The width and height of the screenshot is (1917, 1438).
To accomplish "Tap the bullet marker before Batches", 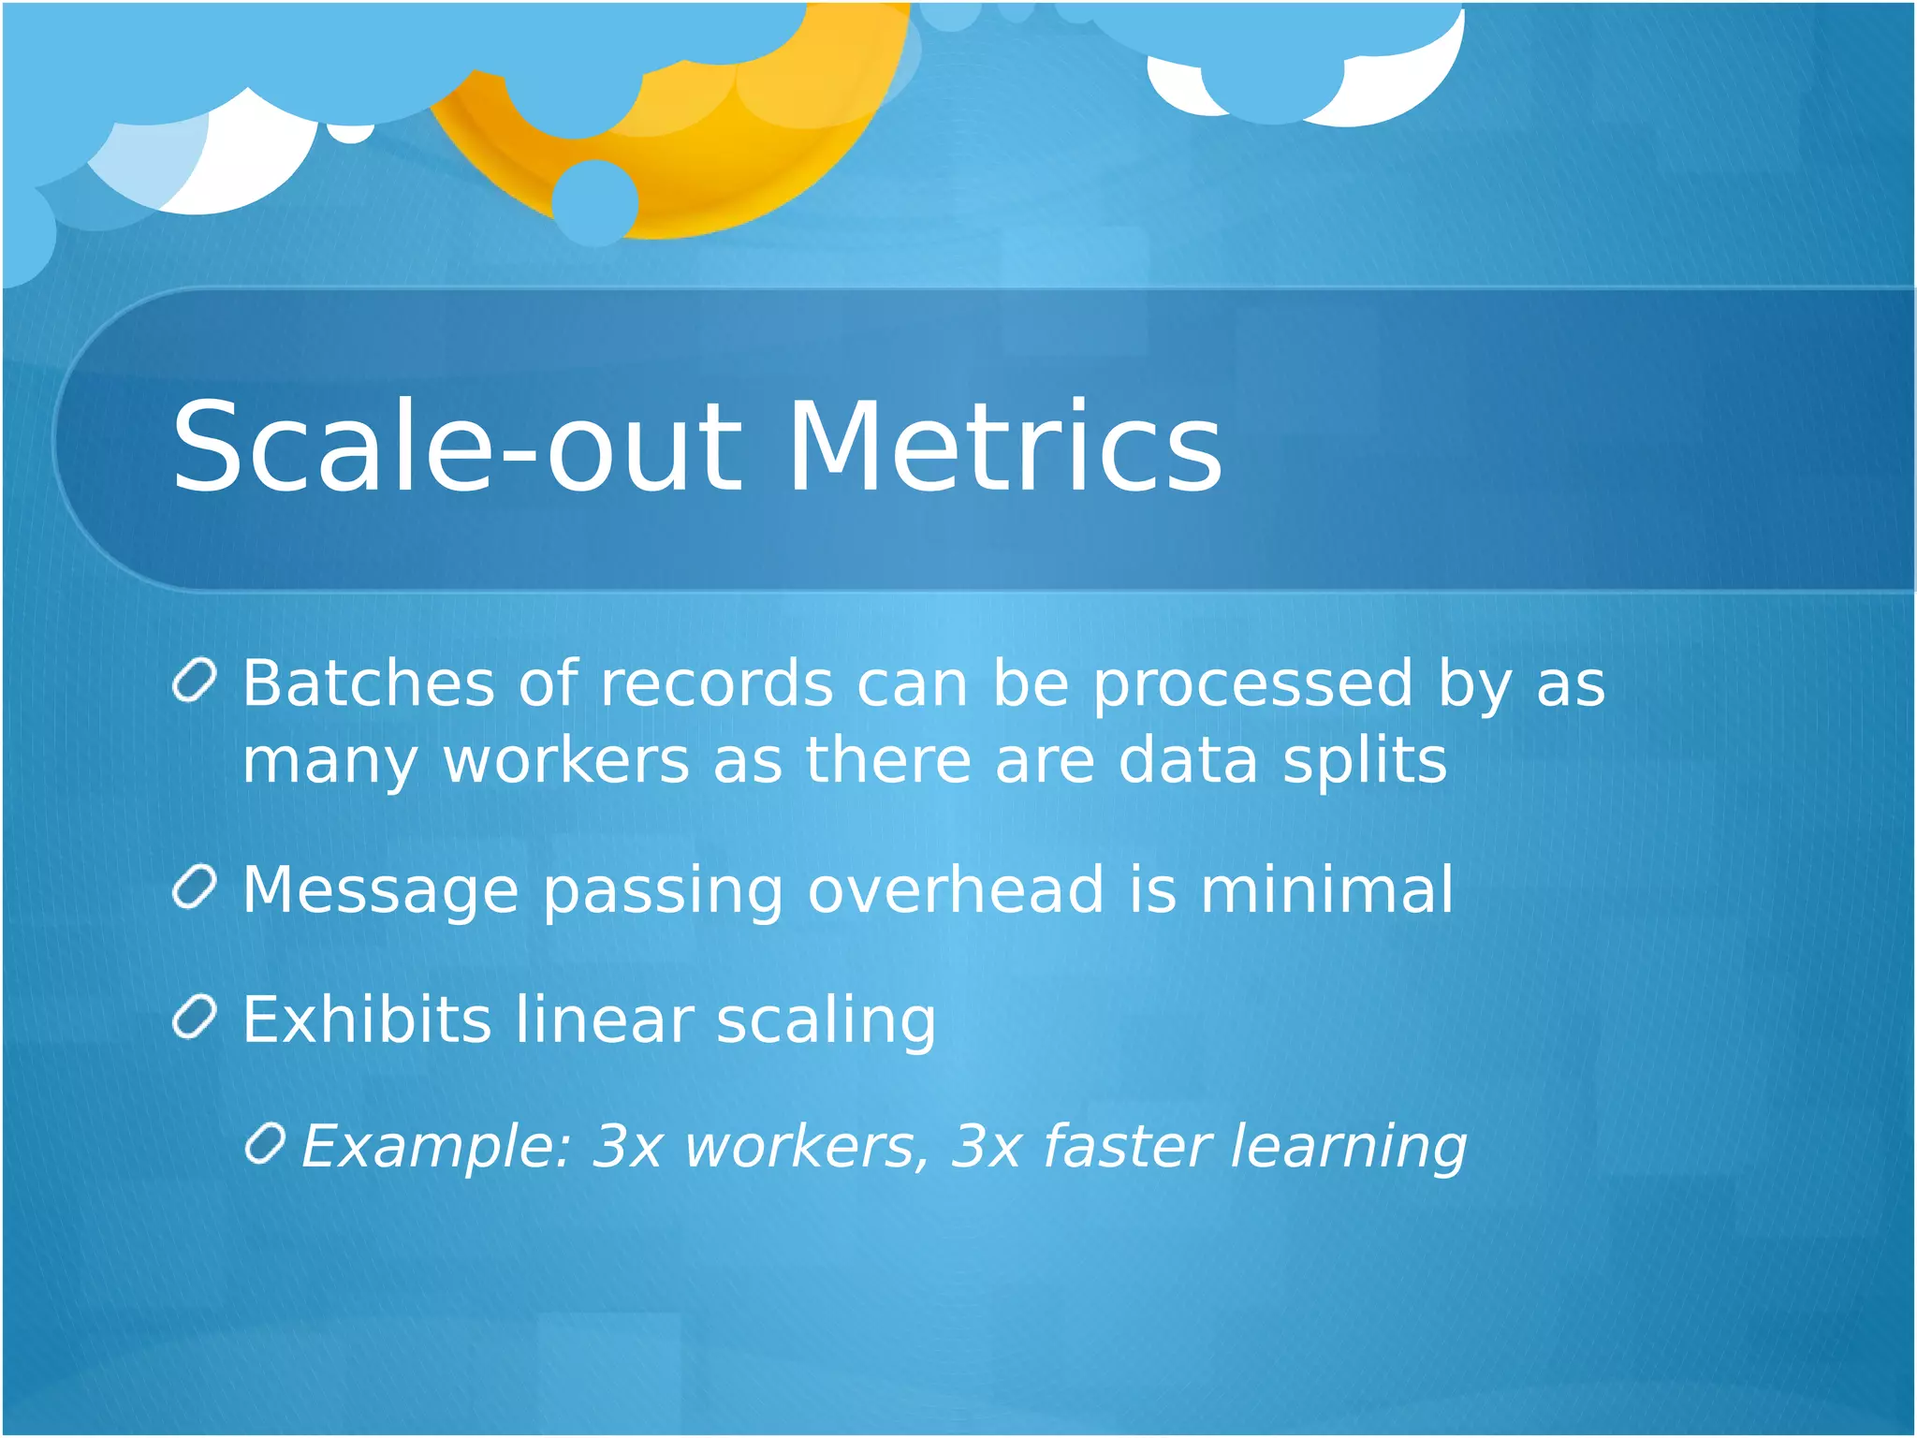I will [x=196, y=681].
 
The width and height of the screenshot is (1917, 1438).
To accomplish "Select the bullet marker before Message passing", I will [x=196, y=887].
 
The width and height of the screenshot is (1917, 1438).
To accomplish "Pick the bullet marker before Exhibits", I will [x=196, y=1017].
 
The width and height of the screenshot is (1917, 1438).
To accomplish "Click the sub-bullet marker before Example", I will [x=265, y=1144].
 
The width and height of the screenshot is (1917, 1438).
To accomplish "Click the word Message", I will [x=380, y=891].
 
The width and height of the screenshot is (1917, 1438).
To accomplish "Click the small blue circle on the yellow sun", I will [x=594, y=201].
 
